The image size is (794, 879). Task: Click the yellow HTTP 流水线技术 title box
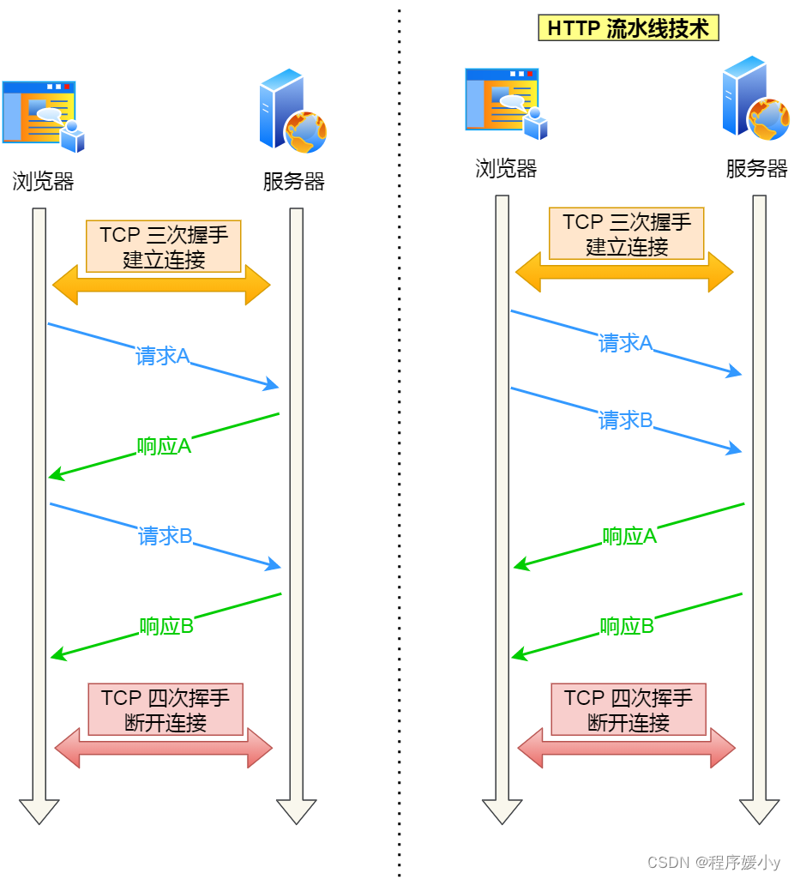tap(629, 28)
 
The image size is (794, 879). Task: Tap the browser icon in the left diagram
tap(43, 117)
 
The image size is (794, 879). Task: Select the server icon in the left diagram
tap(292, 111)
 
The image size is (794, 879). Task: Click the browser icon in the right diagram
tap(506, 104)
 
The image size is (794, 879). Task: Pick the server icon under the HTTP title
tap(755, 98)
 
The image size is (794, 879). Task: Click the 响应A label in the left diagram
tap(164, 446)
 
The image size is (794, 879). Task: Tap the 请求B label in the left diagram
tap(165, 537)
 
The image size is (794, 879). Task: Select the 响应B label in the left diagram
tap(166, 626)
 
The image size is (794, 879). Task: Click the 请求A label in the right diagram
tap(625, 344)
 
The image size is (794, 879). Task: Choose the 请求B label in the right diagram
tap(625, 420)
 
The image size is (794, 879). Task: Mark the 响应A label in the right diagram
tap(629, 537)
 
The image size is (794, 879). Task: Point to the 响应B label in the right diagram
tap(627, 626)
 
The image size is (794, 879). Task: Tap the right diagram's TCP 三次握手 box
tap(627, 233)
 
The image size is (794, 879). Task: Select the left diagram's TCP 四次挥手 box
tap(165, 709)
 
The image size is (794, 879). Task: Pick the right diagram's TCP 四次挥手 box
tap(629, 709)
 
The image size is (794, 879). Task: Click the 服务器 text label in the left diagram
tap(294, 182)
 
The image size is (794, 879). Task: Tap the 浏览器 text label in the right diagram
tap(506, 168)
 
